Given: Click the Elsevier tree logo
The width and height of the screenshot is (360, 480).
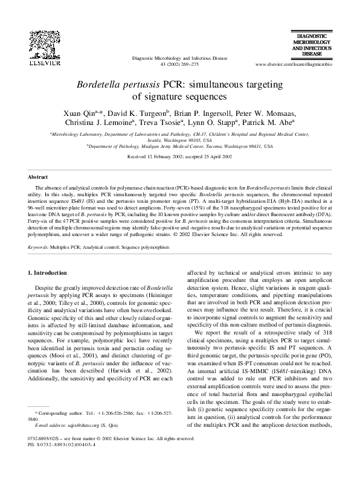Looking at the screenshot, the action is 43,44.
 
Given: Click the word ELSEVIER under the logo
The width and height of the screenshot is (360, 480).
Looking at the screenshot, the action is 44,62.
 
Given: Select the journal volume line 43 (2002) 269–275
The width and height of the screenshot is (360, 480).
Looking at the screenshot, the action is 179,63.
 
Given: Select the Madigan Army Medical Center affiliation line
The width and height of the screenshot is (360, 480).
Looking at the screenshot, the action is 179,146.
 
